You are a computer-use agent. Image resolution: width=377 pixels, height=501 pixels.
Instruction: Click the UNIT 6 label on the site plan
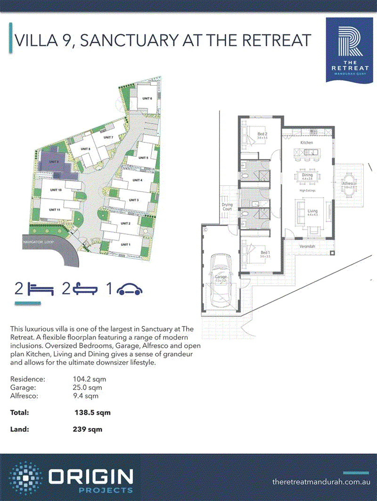pyautogui.click(x=148, y=98)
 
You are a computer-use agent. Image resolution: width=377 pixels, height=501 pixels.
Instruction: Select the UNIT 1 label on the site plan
pyautogui.click(x=125, y=245)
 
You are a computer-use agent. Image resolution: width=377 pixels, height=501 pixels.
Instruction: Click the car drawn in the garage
pyautogui.click(x=220, y=278)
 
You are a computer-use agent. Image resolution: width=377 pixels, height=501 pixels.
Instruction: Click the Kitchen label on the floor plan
pyautogui.click(x=307, y=142)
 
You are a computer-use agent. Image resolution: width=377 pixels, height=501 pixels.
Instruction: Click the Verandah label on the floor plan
pyautogui.click(x=306, y=246)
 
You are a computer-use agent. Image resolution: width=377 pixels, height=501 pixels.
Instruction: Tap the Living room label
pyautogui.click(x=313, y=211)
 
